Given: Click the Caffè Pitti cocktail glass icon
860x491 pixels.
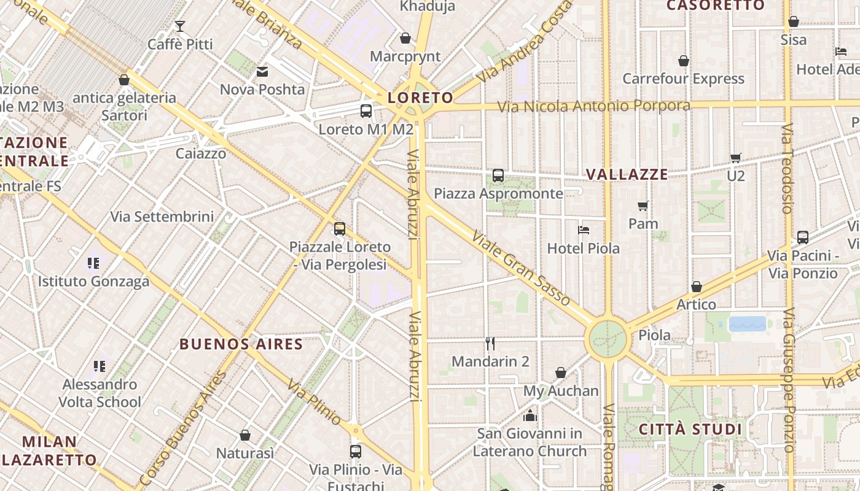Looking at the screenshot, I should pos(179,26).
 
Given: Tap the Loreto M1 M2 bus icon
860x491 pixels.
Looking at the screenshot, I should pos(366,111).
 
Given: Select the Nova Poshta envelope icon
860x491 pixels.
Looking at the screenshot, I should pos(262,72).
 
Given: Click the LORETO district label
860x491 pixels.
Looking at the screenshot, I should pos(421,98).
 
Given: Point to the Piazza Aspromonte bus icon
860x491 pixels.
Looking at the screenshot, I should pos(498,176).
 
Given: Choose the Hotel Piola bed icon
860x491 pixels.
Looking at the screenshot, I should pos(584,230).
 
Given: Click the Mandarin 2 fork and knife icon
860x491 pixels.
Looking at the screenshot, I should pos(490,343).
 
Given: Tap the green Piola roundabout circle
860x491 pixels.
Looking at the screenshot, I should pos(608,338).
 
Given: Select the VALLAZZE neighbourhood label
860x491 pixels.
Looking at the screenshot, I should pos(627,174).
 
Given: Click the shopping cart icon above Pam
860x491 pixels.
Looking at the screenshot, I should pos(643,206).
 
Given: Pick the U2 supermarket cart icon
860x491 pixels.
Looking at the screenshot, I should pos(735,158).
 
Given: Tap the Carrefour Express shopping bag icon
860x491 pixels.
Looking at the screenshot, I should pos(683,61).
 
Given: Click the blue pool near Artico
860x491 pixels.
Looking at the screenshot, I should pos(748,323).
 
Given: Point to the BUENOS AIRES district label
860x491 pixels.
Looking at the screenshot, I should pos(241,344).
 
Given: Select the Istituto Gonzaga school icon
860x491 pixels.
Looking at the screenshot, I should pos(93,263).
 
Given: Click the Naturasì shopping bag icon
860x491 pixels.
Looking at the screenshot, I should pos(245,435).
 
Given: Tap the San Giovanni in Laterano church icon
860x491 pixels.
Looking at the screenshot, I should pos(530,416).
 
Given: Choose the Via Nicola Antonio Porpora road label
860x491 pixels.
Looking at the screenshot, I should pos(593,106).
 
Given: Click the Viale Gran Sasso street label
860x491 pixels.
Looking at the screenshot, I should pos(522,268).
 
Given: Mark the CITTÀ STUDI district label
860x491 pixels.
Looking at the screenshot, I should pos(690,429).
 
